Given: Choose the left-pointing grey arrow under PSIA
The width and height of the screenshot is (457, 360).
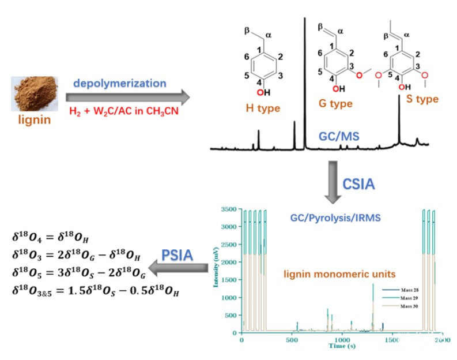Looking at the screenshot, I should (178, 267).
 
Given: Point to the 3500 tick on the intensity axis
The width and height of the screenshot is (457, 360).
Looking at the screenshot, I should (229, 209).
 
